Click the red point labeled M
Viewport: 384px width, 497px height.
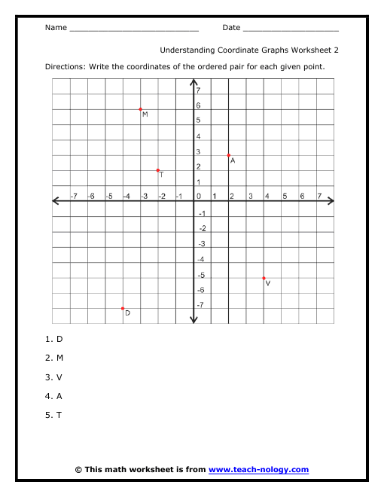click(141, 109)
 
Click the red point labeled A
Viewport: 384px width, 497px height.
click(229, 155)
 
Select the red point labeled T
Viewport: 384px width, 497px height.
click(158, 170)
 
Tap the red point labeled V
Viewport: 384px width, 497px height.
click(264, 278)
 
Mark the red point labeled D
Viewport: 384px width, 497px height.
click(123, 308)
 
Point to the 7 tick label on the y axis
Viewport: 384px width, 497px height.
click(198, 90)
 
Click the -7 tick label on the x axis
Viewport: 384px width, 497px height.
click(73, 196)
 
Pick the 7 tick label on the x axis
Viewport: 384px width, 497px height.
click(319, 196)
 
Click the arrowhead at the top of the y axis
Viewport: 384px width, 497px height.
click(194, 81)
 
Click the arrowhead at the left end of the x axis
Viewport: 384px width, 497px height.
click(56, 201)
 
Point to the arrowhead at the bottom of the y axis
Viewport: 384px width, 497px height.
click(194, 320)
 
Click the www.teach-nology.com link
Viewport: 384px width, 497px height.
click(258, 469)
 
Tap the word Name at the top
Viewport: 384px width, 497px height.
click(56, 28)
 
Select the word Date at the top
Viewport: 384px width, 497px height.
click(231, 28)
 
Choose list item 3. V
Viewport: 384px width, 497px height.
click(54, 377)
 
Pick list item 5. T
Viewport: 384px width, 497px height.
click(54, 414)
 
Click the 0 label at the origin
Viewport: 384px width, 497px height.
click(198, 196)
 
